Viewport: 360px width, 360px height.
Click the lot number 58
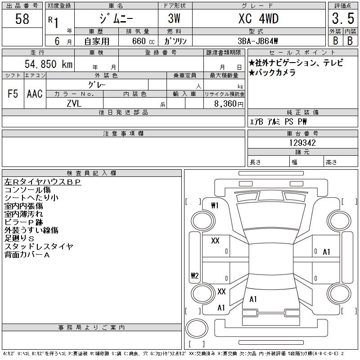pos(22,19)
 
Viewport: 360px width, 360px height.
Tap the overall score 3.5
pos(343,18)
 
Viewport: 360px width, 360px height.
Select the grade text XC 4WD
pos(258,19)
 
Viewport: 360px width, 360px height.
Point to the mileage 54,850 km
pos(49,64)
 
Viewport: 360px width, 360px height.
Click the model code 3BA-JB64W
pos(257,41)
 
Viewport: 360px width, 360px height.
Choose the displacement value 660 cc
pos(143,41)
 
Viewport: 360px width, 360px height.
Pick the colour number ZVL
pos(74,103)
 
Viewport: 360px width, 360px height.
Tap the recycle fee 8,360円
pos(229,104)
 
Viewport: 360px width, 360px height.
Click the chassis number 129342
pos(302,143)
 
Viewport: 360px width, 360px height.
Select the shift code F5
pos(13,94)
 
